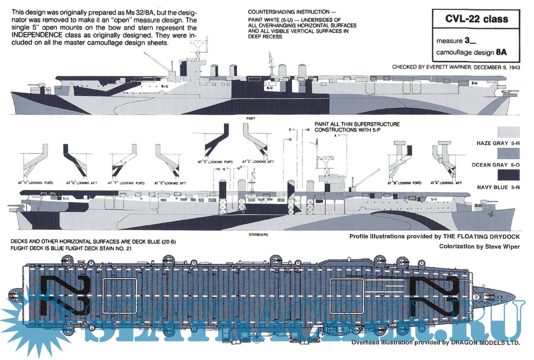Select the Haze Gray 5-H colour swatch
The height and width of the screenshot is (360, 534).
point(508,132)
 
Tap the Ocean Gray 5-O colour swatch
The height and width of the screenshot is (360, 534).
point(508,154)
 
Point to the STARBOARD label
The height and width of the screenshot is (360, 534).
point(258,234)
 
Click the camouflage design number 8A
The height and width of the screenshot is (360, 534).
point(502,52)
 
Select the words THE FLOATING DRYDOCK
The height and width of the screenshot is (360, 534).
point(486,236)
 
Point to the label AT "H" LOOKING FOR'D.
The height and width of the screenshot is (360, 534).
point(36,183)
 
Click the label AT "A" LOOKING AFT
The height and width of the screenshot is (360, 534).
point(446,183)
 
